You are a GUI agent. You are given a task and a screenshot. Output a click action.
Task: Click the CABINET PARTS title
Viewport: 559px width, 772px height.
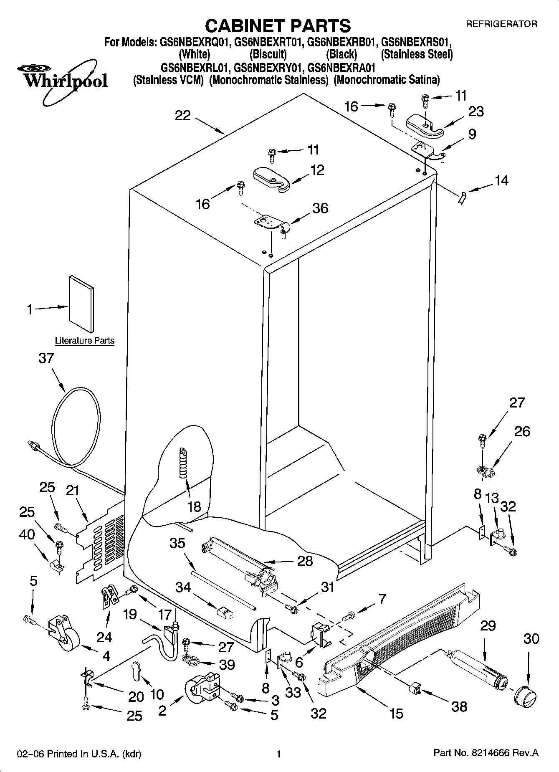278,25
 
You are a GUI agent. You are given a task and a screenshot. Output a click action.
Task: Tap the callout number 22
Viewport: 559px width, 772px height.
183,116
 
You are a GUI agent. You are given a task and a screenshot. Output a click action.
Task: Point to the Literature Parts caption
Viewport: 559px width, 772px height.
85,341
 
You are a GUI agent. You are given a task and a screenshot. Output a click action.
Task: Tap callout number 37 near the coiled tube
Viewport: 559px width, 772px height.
46,358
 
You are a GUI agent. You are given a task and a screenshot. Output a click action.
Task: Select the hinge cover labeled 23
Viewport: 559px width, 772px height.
425,126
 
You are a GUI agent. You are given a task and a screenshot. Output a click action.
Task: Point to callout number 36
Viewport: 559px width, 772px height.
320,208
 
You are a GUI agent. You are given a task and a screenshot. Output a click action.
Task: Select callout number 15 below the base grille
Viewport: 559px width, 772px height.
396,714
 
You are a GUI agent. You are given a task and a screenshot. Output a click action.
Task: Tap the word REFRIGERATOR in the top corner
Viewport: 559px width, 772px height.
501,24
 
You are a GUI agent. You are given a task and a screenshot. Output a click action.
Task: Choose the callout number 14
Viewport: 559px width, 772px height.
502,180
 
